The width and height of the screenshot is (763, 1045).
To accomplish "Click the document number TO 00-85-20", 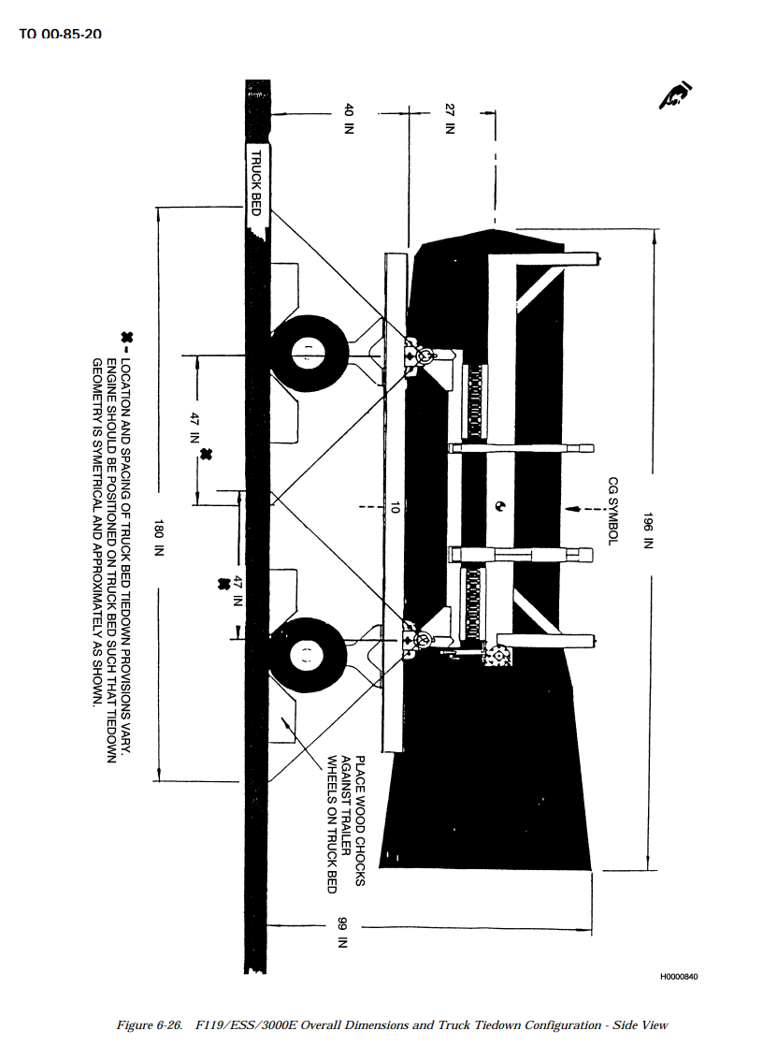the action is coord(60,34).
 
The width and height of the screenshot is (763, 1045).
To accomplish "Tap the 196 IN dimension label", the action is coord(648,530).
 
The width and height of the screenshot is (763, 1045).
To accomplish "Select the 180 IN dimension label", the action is coord(159,538).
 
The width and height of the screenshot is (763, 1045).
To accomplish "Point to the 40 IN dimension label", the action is coord(348,119).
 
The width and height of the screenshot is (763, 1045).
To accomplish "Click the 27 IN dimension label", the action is coord(450,119).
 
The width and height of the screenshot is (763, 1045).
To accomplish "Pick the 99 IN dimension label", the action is coord(342,933).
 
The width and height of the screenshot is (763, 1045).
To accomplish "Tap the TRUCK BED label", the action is coord(256,182).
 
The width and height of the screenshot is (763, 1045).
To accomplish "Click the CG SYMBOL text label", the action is coord(613,511).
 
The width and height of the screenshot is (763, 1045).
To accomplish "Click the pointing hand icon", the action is coord(675,96).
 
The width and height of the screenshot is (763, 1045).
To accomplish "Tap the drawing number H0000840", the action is coord(679,977).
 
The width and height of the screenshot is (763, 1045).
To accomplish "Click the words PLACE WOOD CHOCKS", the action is coord(360,820).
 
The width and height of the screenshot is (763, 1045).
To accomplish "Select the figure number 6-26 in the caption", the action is coord(168,1025).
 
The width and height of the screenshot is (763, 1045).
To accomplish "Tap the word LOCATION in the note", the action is coord(126,393).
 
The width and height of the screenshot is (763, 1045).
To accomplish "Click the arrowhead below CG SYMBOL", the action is coord(570,509).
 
